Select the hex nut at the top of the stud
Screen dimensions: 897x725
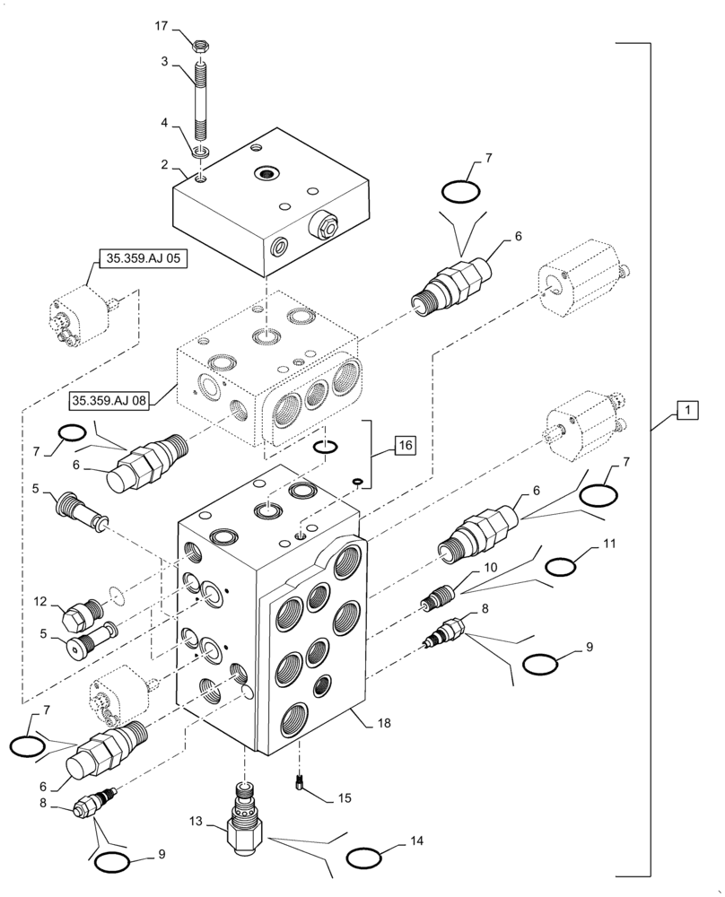[x=201, y=40]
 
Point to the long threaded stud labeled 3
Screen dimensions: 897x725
[x=201, y=99]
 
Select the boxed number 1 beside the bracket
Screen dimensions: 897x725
[x=686, y=410]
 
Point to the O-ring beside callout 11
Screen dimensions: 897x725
[x=561, y=566]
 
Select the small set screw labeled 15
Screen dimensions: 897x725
[x=301, y=782]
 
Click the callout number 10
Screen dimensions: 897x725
[x=491, y=568]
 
